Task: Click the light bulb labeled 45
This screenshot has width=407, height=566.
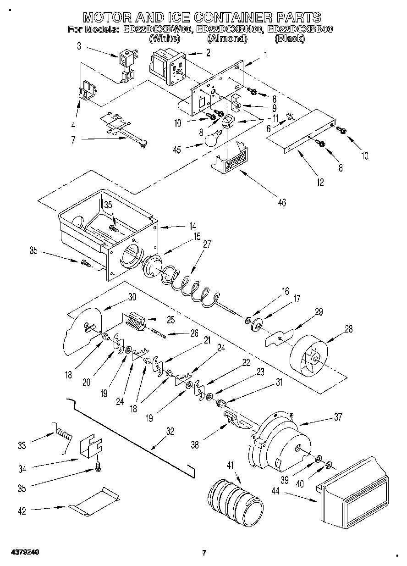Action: coord(211,139)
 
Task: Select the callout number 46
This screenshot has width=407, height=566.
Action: coord(281,201)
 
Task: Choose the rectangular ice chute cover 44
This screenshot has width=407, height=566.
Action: coord(354,492)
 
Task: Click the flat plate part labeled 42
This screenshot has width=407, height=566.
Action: coord(95,503)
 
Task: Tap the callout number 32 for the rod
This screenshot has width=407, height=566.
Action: coord(170,431)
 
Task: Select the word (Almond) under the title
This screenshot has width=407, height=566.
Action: coord(224,39)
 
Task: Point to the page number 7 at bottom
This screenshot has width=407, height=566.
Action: coord(204,552)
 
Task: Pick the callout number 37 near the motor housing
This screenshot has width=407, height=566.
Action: coord(338,417)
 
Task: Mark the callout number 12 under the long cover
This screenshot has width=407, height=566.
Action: coord(319,182)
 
